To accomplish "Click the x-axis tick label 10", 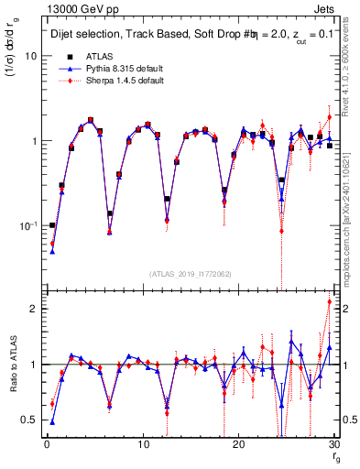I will click(142, 446).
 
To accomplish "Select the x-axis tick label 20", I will click(238, 446).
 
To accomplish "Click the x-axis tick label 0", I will click(47, 446).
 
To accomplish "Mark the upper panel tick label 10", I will click(30, 56).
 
